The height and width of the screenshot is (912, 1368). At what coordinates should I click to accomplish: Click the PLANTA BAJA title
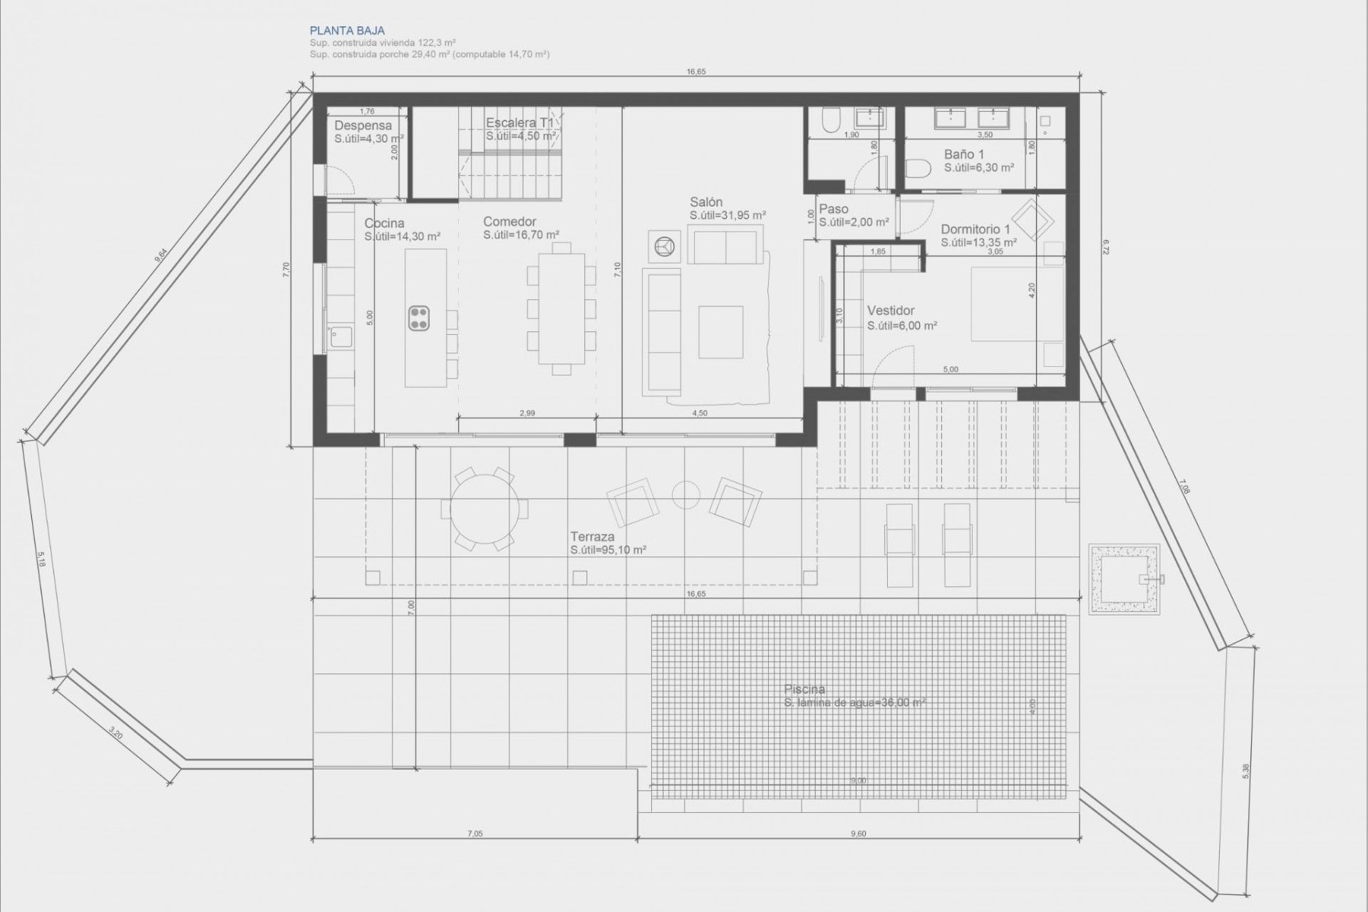[347, 31]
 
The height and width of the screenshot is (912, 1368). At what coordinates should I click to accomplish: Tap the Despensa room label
[363, 125]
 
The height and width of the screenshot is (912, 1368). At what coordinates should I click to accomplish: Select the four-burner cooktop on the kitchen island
[419, 318]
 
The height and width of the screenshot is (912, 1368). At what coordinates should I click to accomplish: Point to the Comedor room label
[509, 222]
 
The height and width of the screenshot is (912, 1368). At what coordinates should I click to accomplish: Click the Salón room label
[705, 202]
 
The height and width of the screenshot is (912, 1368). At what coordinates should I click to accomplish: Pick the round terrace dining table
[484, 509]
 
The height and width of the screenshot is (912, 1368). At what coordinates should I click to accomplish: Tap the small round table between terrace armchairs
[686, 495]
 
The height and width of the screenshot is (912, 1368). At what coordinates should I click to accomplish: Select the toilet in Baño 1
[919, 168]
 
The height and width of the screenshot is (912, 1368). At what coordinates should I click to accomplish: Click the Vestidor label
[891, 311]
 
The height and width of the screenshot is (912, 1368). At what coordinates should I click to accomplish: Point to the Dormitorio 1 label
[975, 229]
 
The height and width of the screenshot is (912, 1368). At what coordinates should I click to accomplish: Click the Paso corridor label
[834, 209]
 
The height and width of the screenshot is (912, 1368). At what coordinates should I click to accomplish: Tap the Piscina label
[804, 689]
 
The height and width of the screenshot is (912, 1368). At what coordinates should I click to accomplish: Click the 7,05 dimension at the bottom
[475, 834]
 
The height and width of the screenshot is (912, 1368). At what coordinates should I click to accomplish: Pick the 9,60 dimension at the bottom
[859, 834]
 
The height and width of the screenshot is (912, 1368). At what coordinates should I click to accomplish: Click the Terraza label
[591, 537]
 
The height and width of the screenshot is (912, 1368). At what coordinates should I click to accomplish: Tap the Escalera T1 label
[519, 123]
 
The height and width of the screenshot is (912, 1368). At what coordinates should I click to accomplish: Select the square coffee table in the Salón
[720, 331]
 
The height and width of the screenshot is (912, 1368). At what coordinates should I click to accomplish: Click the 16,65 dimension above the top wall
[696, 72]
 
